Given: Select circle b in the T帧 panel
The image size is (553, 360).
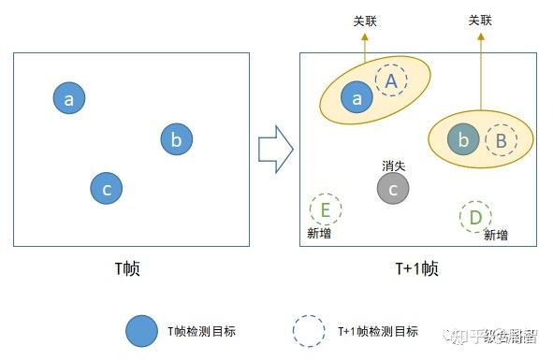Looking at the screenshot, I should (x=176, y=139).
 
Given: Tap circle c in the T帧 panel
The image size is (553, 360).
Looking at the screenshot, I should (x=107, y=188).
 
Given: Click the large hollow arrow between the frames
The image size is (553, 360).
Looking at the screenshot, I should (x=275, y=149).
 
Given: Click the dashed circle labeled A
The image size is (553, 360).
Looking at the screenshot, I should (x=392, y=81).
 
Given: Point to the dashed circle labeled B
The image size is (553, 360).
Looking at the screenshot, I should (x=501, y=140).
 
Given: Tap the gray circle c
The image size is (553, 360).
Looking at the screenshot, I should (x=393, y=189).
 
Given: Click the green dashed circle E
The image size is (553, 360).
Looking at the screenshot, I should (x=325, y=209).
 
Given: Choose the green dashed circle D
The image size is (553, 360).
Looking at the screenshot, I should (x=475, y=217).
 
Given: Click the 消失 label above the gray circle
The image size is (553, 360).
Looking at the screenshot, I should (x=393, y=166).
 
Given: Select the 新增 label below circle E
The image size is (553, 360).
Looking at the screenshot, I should (x=319, y=233).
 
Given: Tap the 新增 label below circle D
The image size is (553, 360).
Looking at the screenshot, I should (x=496, y=236).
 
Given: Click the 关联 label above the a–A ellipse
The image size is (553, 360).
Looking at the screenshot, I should (x=365, y=20).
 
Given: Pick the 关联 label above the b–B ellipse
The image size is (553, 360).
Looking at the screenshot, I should (x=480, y=20).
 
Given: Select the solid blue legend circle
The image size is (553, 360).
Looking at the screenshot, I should (x=141, y=330).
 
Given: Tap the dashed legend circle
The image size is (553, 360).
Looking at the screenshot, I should (x=309, y=330).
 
